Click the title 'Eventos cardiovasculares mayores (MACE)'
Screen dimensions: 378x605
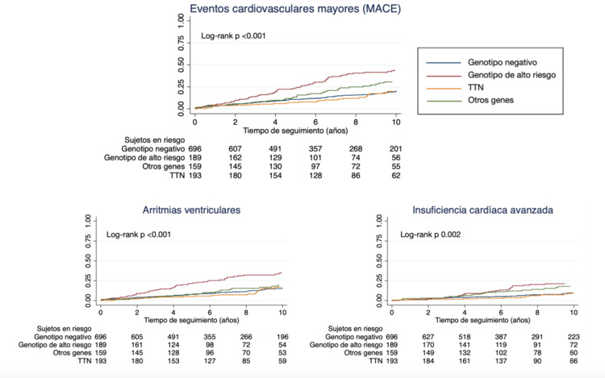tap(294, 10)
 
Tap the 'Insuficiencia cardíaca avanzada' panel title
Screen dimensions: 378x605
tap(482, 210)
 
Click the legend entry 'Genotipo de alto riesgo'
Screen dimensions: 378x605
tap(511, 75)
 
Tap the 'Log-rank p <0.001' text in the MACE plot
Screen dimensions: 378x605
tap(233, 36)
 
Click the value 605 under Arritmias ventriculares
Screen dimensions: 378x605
tap(139, 336)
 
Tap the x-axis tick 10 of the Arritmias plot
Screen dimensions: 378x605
tap(281, 310)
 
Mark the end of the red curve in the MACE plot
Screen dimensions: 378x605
tap(394, 70)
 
